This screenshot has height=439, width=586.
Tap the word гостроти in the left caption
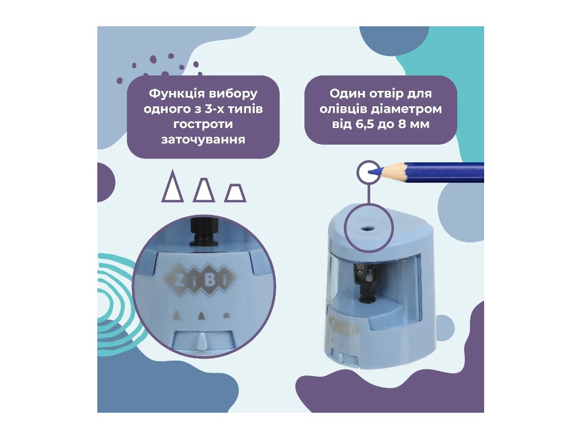click(203, 124)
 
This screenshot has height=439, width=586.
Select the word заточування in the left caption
click(203, 139)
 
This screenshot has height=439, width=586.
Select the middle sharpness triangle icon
click(204, 190)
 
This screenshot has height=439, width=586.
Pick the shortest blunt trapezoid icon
click(235, 193)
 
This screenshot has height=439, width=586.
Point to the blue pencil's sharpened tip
click(371, 173)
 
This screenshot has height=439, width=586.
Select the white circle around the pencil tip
click(369, 172)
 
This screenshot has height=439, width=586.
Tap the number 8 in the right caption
click(402, 124)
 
